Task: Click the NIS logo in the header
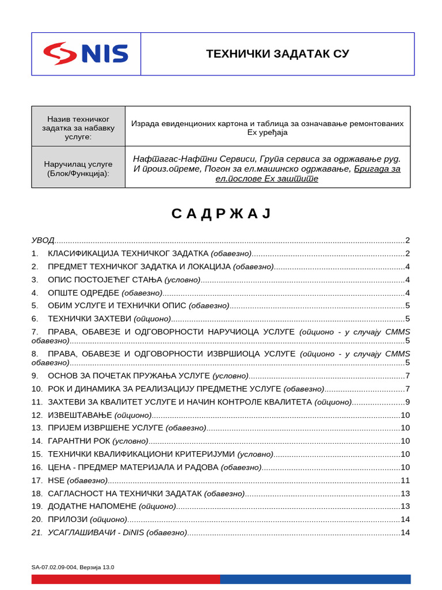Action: (86, 54)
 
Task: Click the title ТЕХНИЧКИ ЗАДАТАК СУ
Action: (277, 54)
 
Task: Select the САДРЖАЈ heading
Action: (220, 214)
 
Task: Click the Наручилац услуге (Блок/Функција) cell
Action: (78, 168)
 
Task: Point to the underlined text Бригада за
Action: (377, 169)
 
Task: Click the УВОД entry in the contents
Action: (43, 240)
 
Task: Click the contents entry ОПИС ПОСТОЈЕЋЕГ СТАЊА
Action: (106, 280)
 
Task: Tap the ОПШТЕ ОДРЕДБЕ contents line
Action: (83, 293)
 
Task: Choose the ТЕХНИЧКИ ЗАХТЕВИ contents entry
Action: (90, 319)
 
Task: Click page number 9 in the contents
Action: (407, 402)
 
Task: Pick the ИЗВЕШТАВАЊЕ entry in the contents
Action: (80, 415)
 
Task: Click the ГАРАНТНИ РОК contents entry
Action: (79, 441)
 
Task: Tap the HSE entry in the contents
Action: (56, 480)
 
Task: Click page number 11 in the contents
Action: (405, 480)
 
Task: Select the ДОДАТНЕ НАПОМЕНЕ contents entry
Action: (92, 506)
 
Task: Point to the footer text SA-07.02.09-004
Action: (55, 567)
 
